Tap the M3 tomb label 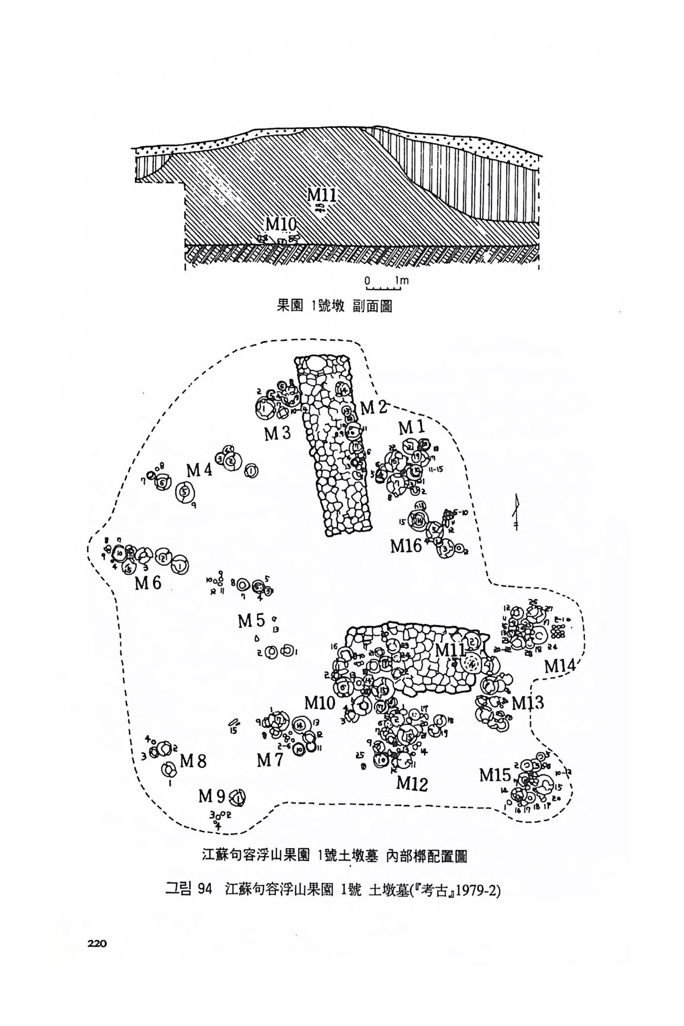point(278,434)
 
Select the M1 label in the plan point(412,427)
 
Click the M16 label point(406,545)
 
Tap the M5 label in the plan point(252,621)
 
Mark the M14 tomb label point(561,665)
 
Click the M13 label point(527,702)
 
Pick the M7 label point(270,760)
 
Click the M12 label point(412,784)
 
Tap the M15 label point(495,775)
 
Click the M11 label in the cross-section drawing point(323,194)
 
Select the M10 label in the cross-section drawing point(280,223)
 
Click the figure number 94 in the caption point(203,890)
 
